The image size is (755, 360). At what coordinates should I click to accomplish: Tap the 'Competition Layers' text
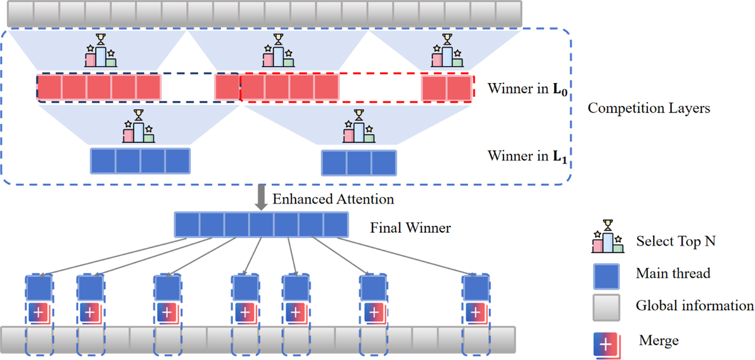click(x=649, y=108)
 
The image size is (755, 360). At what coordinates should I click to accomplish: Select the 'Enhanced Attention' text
click(x=333, y=200)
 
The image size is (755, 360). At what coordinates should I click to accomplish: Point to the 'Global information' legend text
click(x=695, y=307)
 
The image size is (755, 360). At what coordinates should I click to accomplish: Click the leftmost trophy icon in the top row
click(x=101, y=51)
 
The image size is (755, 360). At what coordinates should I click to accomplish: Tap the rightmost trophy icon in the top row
click(x=447, y=51)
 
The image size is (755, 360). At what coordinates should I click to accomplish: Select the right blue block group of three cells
click(x=359, y=162)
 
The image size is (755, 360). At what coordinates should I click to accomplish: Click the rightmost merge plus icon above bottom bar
click(x=476, y=312)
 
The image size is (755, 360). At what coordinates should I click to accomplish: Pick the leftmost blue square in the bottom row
click(x=40, y=288)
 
